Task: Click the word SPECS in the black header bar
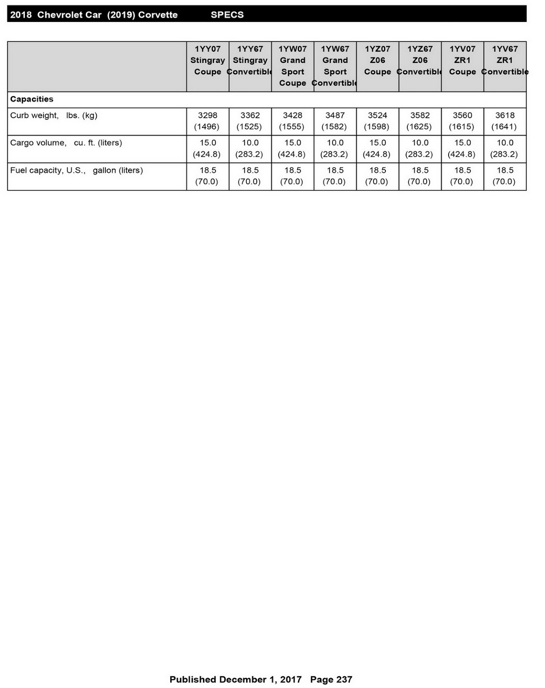[x=227, y=15]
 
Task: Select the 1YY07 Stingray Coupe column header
[x=208, y=60]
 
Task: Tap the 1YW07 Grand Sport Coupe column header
[x=293, y=66]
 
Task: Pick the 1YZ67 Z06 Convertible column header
[x=420, y=60]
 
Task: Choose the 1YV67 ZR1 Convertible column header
[x=505, y=60]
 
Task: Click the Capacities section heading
[x=32, y=99]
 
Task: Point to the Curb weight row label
[x=54, y=115]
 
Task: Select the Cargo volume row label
[x=66, y=143]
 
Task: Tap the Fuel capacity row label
[x=77, y=170]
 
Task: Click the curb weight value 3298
[x=208, y=115]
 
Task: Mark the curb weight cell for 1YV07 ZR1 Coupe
[x=462, y=121]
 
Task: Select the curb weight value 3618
[x=505, y=115]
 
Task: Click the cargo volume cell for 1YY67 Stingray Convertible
[x=250, y=148]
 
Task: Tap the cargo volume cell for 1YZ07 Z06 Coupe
[x=377, y=148]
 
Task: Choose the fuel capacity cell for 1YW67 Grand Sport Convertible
[x=335, y=176]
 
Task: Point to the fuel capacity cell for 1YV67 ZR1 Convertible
[x=505, y=176]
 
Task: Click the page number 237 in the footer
[x=344, y=679]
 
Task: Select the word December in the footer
[x=243, y=679]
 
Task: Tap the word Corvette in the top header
[x=158, y=15]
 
